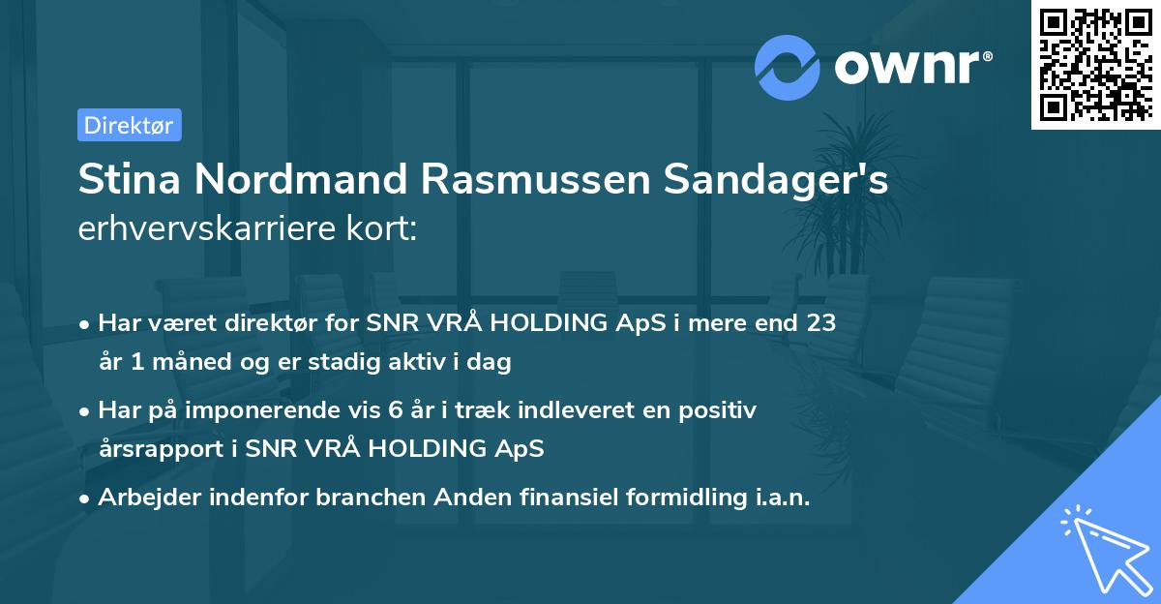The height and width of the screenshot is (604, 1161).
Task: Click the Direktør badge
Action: coord(129,125)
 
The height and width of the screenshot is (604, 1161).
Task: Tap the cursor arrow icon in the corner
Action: coord(1102,548)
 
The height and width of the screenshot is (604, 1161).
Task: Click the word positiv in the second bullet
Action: coord(722,410)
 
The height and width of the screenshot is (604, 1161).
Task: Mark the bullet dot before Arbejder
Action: coord(86,498)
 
